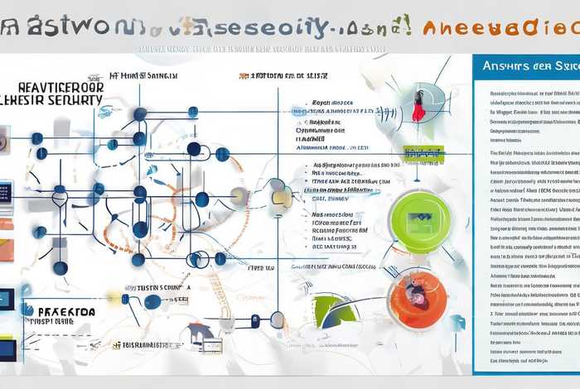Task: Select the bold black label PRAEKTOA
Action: coord(65,312)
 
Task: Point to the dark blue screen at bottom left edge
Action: coord(7,348)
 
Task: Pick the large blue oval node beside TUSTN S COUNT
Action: coord(152,301)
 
